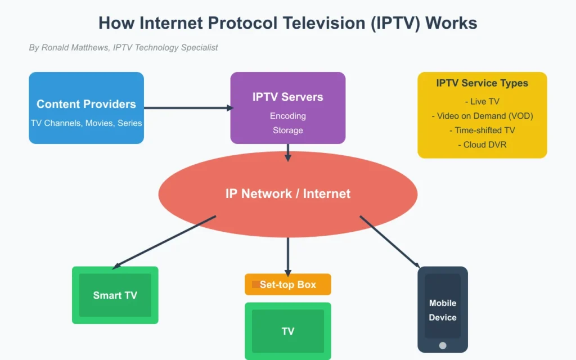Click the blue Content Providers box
86,107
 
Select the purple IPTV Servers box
287,107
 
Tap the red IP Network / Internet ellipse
287,194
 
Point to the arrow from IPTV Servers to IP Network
287,152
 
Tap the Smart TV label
115,295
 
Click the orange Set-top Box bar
287,285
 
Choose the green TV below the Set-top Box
287,331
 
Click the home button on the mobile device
443,345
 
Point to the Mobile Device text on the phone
443,310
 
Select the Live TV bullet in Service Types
482,102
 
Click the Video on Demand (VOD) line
482,116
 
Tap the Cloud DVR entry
482,145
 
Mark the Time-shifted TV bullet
482,130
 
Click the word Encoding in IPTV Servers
287,116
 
